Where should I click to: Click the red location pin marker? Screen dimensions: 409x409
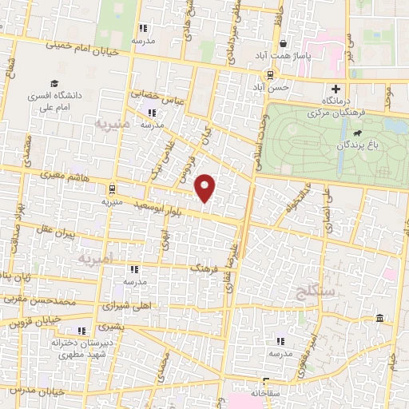206,189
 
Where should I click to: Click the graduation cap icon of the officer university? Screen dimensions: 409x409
54,83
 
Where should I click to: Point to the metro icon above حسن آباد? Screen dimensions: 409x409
270,74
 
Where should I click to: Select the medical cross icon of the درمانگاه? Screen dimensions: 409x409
335,89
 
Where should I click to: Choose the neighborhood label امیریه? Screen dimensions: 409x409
97,259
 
